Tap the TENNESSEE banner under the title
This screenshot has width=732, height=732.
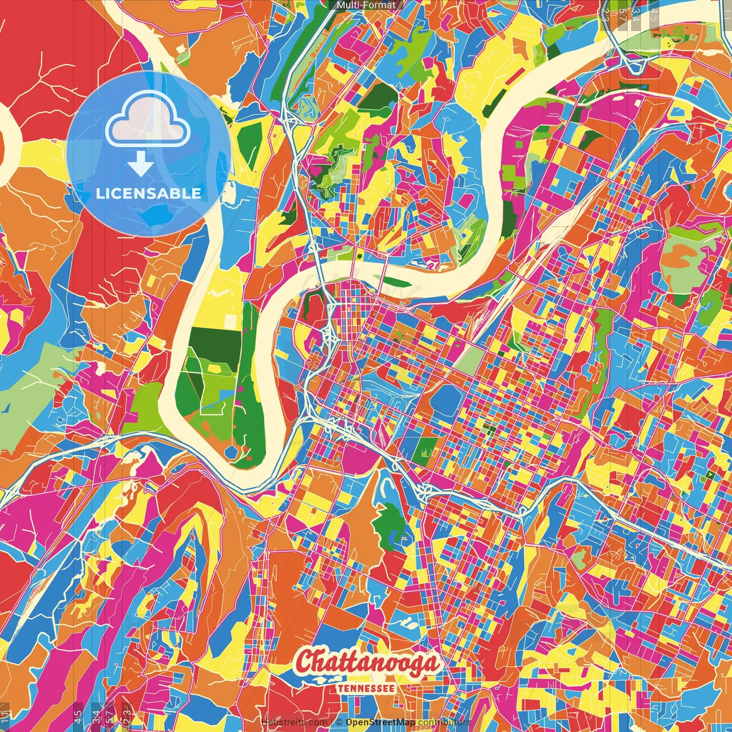pyautogui.click(x=366, y=688)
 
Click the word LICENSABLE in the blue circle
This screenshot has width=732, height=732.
pyautogui.click(x=149, y=193)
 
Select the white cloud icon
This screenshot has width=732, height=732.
pyautogui.click(x=148, y=118)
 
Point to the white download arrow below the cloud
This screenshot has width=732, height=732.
pyautogui.click(x=140, y=165)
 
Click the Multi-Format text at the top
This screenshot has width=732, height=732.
pyautogui.click(x=366, y=5)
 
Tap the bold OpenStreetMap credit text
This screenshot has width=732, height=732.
pyautogui.click(x=380, y=722)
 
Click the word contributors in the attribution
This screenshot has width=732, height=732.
pyautogui.click(x=444, y=722)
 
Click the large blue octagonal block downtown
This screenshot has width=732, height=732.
pyautogui.click(x=448, y=399)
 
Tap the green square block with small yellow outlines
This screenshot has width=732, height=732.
pyautogui.click(x=424, y=451)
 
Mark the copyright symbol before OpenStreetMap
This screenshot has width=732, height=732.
pyautogui.click(x=339, y=722)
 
